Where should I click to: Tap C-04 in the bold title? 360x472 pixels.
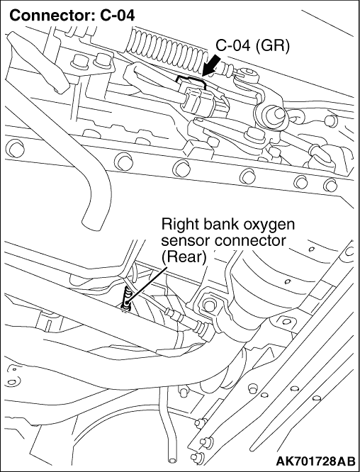(x=118, y=16)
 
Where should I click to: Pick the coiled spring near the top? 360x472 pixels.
(x=167, y=47)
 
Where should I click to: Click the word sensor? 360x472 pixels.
(x=184, y=241)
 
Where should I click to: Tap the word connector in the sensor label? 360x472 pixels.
(x=248, y=241)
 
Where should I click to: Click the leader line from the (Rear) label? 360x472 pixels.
(x=147, y=283)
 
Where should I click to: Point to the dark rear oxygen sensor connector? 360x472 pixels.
(x=126, y=299)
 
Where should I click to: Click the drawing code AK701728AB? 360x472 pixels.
(x=315, y=461)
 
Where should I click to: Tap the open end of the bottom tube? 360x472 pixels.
(x=173, y=460)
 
